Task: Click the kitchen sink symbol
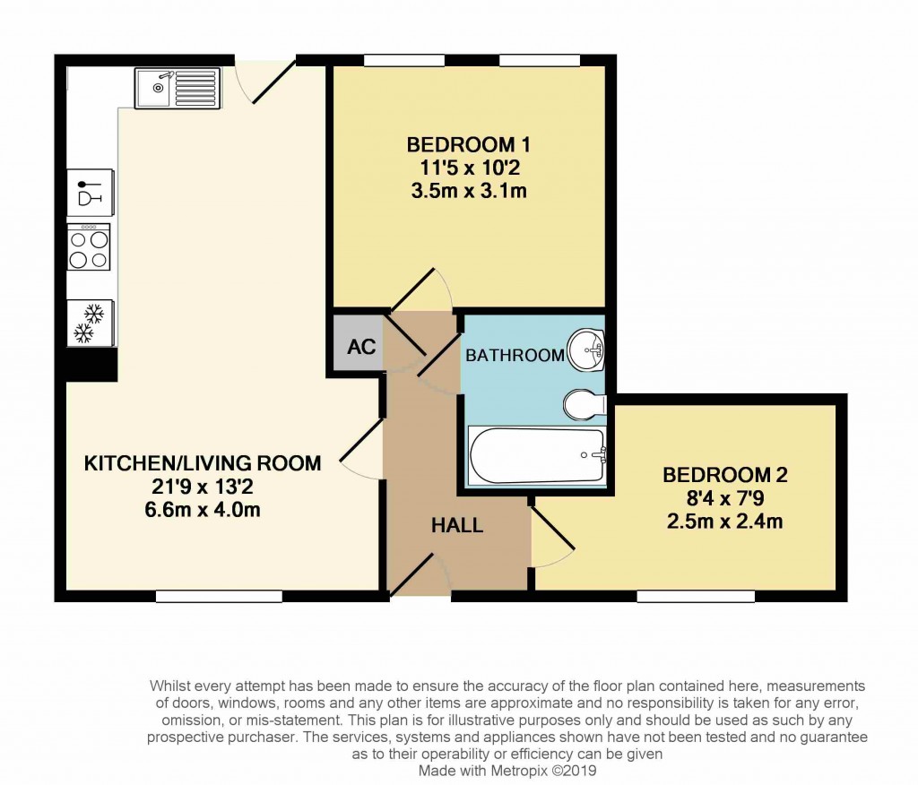tap(178, 88)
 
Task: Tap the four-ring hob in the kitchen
tap(89, 247)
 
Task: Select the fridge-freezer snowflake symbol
tap(90, 323)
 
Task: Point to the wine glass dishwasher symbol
tap(90, 192)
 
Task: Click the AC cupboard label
tap(361, 347)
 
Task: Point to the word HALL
tap(457, 525)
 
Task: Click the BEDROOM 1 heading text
tap(468, 144)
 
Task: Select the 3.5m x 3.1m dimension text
tap(468, 191)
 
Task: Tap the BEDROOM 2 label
tap(724, 474)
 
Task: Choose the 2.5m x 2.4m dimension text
tap(724, 521)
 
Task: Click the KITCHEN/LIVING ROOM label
tap(203, 463)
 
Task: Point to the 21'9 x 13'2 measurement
tap(203, 487)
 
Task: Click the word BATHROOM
tap(515, 355)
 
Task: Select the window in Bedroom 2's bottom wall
tap(696, 596)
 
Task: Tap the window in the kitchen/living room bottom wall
tap(219, 596)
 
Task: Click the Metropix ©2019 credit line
tap(507, 770)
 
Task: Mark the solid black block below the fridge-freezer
tap(91, 364)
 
